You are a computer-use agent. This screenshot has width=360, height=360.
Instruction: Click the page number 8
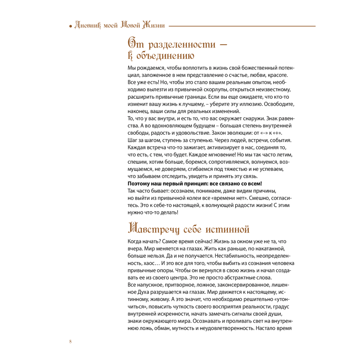[70, 341]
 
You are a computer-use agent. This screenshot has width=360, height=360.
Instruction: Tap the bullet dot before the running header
[71, 26]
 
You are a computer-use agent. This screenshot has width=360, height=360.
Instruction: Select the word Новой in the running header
[130, 25]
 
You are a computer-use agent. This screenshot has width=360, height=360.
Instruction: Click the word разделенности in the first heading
[182, 45]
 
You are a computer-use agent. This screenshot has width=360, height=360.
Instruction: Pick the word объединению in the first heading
[165, 56]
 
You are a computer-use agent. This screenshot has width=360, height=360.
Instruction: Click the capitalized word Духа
[144, 292]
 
